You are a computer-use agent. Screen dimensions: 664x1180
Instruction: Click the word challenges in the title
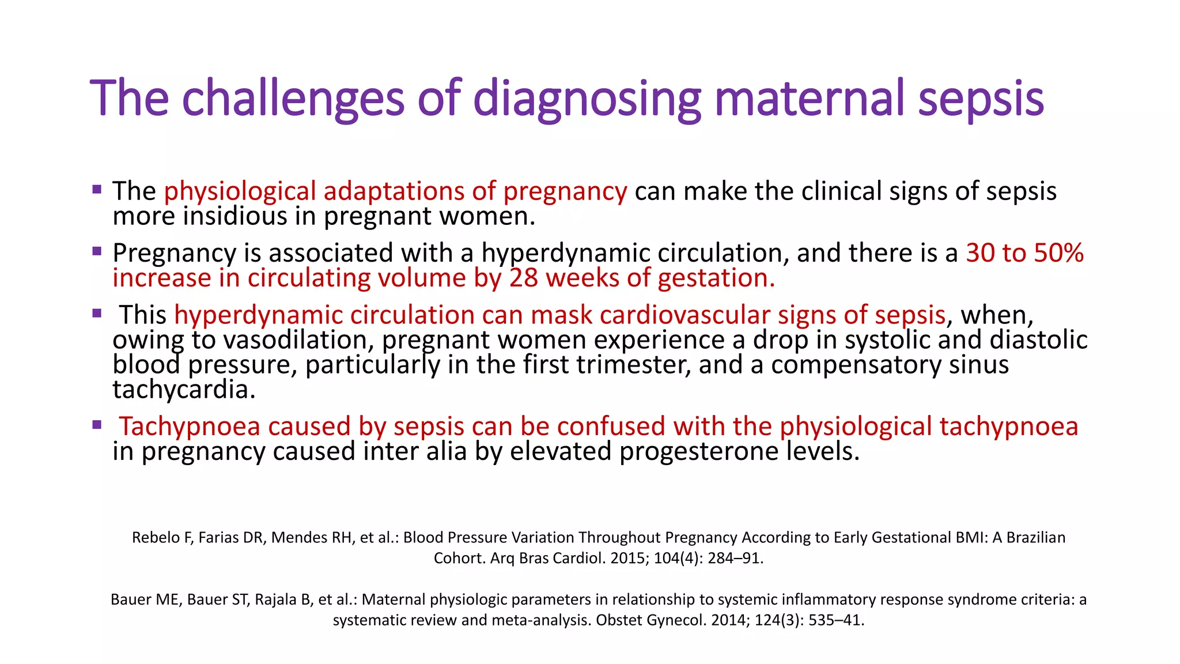coord(293,98)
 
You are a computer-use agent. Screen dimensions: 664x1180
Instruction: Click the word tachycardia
coord(184,390)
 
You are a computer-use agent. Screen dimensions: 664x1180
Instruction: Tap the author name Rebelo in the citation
coord(156,537)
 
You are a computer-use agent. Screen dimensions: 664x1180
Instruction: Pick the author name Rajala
coord(274,599)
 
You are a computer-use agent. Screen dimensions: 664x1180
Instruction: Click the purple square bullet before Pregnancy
coord(97,251)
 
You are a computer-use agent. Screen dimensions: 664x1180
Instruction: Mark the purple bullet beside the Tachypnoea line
coord(97,425)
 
